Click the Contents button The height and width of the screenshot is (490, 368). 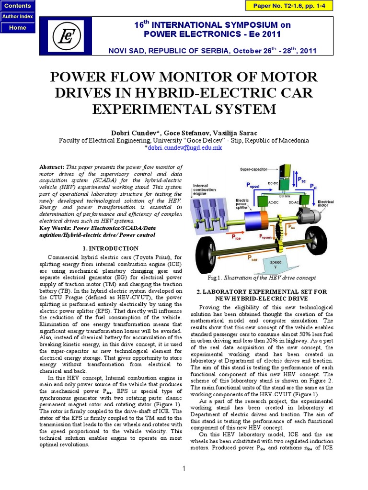point(18,6)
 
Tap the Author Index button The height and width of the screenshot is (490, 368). point(18,17)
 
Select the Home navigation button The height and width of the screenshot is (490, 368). point(18,27)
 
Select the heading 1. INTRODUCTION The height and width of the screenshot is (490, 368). point(111,248)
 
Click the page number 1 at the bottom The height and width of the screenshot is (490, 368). point(184,468)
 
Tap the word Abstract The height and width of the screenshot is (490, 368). point(50,165)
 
